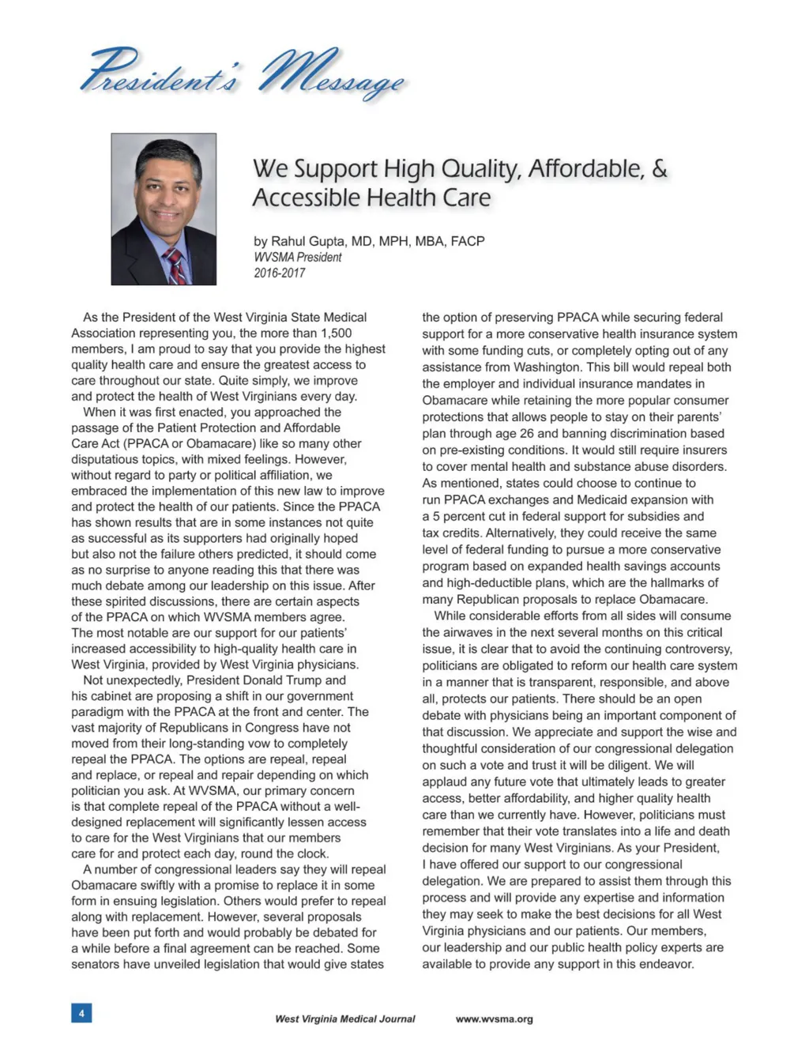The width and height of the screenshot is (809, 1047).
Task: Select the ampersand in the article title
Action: [x=660, y=168]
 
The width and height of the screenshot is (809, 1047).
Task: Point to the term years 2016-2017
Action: [x=279, y=273]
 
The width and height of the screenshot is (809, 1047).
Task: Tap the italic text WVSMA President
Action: [x=298, y=258]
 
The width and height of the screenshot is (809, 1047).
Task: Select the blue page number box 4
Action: [x=81, y=1012]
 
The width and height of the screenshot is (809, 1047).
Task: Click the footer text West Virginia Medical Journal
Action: [x=344, y=1019]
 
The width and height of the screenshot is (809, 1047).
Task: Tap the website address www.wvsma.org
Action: [x=494, y=1019]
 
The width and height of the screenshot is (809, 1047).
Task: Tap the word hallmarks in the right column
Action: [x=670, y=582]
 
